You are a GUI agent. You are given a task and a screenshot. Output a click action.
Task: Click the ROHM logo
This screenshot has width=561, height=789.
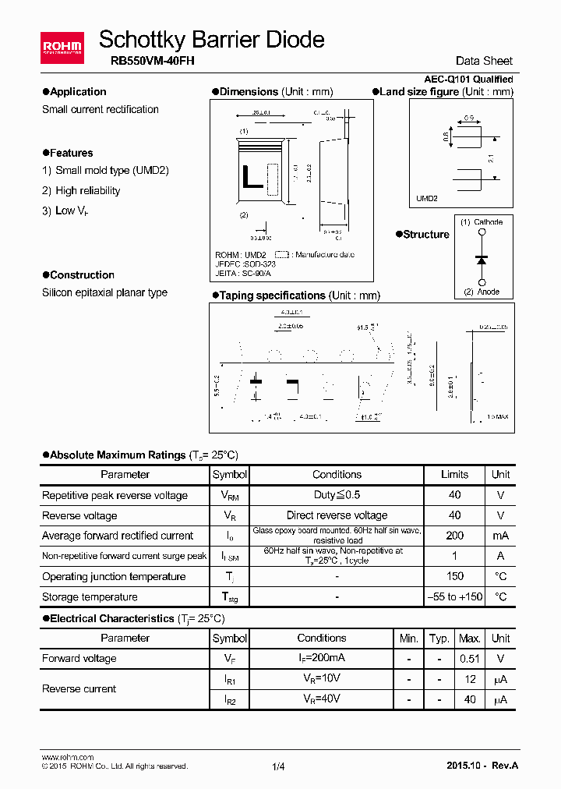coord(62,48)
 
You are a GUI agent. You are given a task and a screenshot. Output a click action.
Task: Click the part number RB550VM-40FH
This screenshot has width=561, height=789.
coord(147,61)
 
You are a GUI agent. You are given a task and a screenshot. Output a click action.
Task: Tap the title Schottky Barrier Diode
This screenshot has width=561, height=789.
coord(212,39)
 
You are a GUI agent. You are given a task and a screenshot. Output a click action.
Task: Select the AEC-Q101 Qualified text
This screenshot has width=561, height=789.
coord(468,80)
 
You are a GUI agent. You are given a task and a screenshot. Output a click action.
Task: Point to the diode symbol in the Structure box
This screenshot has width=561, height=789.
coord(482,257)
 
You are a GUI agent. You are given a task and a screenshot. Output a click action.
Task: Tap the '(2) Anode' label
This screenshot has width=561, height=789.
coord(481,292)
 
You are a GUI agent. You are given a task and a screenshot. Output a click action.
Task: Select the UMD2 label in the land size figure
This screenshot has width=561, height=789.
coord(427,199)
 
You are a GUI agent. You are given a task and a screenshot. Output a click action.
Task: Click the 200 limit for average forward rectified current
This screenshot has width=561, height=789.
coord(454,536)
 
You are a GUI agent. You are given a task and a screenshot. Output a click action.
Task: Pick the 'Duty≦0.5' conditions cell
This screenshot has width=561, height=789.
coord(337,495)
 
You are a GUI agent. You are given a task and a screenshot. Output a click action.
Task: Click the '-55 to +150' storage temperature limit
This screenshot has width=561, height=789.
coord(454,596)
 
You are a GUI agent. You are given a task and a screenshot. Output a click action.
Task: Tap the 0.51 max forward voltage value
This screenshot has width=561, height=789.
coord(469,658)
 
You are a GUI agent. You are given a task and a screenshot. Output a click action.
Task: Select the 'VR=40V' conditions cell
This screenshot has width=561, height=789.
coord(321,699)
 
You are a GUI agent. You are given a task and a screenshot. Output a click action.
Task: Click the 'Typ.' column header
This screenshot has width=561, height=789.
coord(439,638)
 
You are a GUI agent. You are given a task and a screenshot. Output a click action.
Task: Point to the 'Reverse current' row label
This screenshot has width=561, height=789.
coord(79,689)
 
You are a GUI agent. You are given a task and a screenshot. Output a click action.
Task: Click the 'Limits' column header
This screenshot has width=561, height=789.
coord(454,474)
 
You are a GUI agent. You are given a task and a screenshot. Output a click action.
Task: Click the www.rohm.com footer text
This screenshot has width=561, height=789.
coord(67,757)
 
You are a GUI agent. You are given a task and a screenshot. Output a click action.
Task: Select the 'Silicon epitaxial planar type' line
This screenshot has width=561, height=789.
coord(104,292)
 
